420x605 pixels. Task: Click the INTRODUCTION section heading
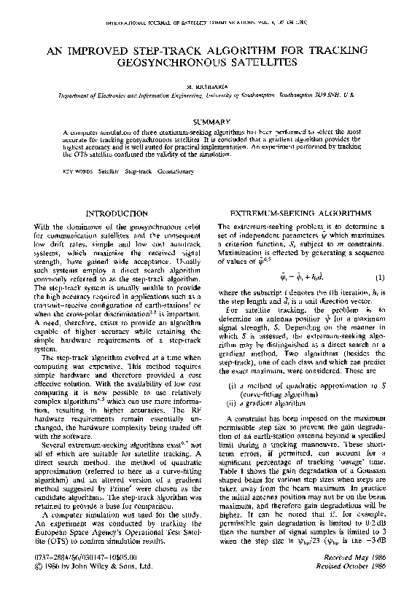(x=117, y=213)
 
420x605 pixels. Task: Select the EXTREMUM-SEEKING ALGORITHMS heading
(x=300, y=213)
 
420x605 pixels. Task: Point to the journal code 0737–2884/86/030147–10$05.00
(x=84, y=575)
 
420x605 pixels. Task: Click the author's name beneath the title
(x=209, y=86)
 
